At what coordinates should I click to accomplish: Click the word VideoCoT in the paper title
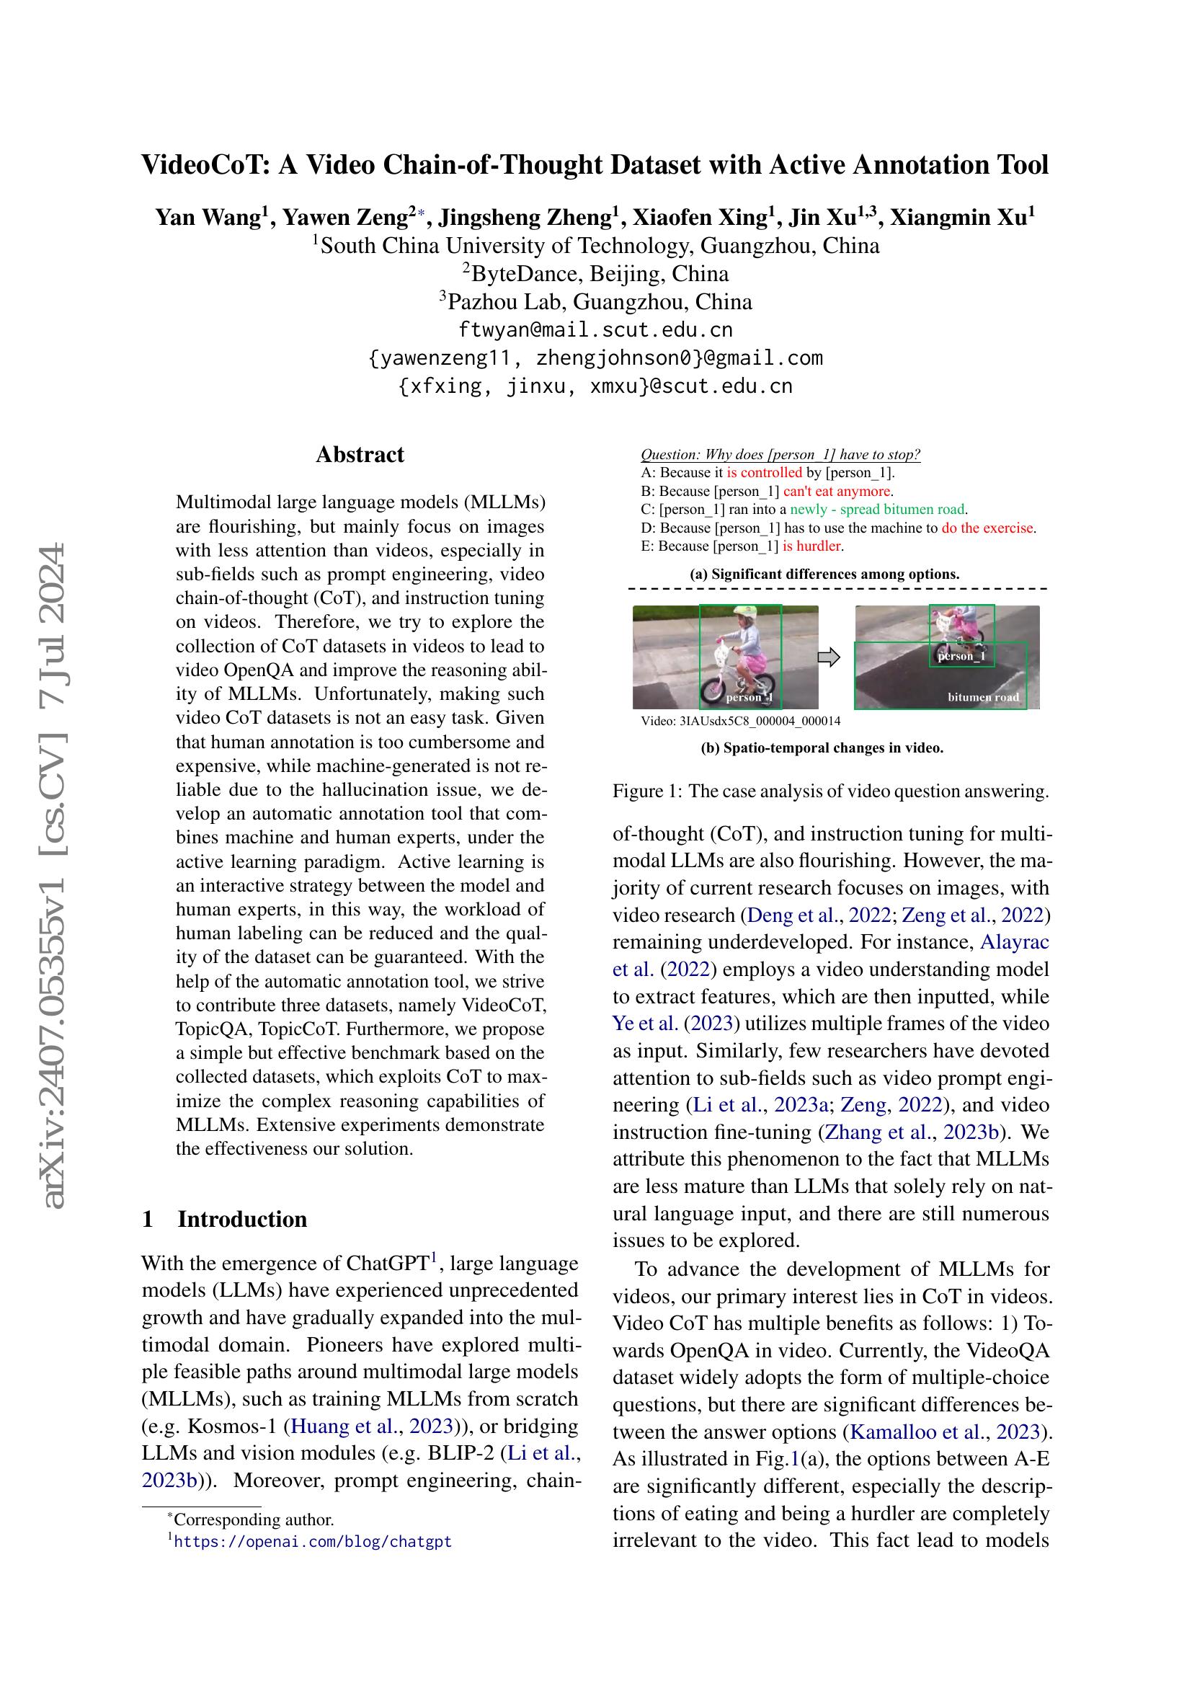(x=204, y=164)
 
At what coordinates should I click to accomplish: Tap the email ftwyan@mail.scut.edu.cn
(x=595, y=329)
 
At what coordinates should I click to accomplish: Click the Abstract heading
(x=360, y=455)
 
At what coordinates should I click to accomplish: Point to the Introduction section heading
(x=242, y=1219)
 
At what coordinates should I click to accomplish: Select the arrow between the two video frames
(x=829, y=657)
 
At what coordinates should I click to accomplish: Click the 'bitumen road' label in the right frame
(x=983, y=697)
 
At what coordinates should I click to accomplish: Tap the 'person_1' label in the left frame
(x=750, y=697)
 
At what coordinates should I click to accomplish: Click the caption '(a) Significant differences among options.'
(x=824, y=574)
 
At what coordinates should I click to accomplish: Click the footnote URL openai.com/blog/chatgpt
(x=313, y=1542)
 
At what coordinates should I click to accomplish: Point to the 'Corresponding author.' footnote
(x=253, y=1520)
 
